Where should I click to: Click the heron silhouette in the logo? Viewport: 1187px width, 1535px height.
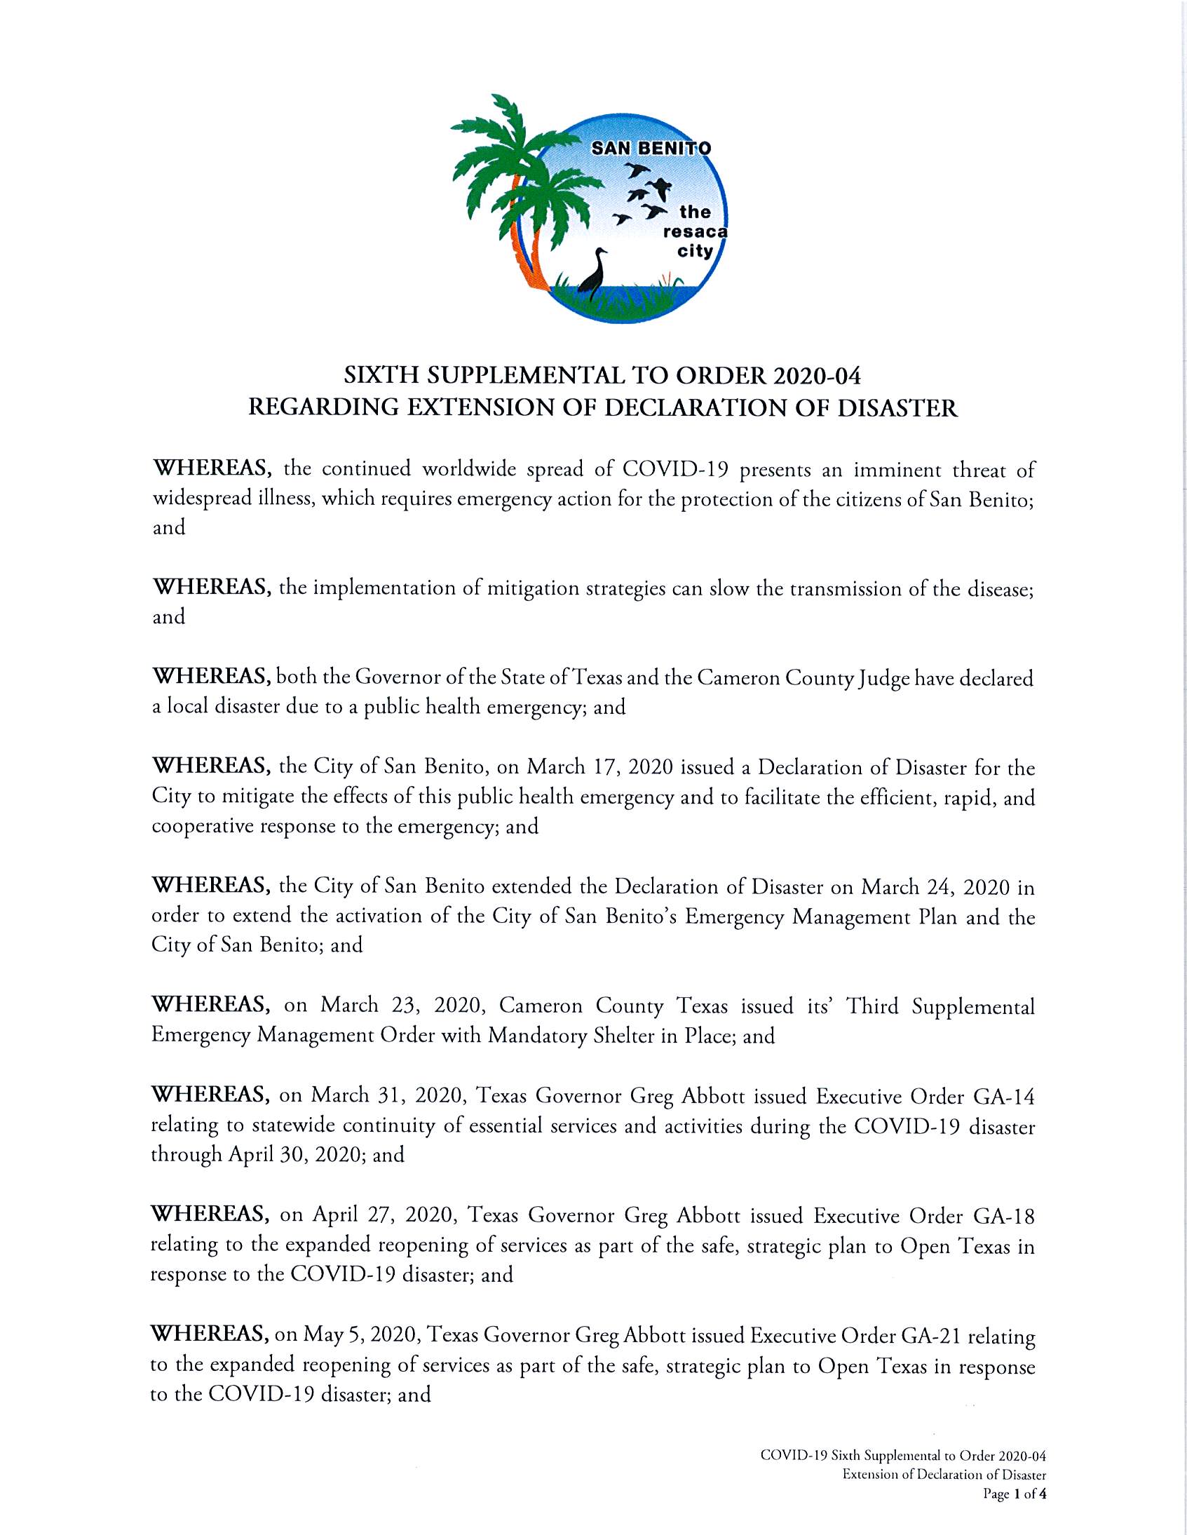(593, 272)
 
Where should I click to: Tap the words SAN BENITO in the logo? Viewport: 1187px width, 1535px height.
(651, 148)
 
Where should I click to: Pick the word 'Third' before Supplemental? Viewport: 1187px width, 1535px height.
(871, 1006)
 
